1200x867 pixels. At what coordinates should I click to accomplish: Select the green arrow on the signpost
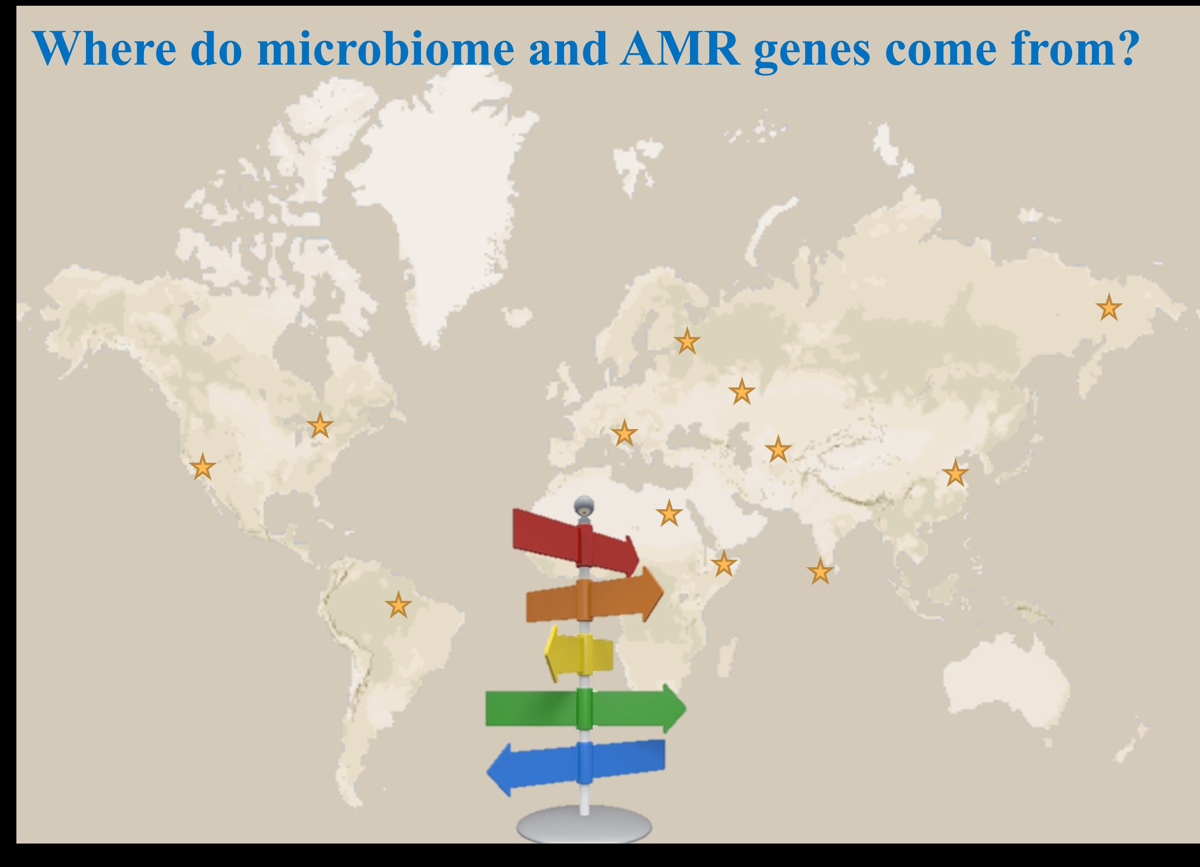pos(586,708)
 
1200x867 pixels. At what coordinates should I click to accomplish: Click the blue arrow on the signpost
pos(576,766)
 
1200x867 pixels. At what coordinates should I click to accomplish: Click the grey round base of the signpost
pos(584,824)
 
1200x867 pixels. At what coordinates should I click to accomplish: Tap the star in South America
pos(398,605)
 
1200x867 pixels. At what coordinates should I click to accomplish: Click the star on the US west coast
pos(203,467)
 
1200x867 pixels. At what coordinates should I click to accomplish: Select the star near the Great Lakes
pos(320,425)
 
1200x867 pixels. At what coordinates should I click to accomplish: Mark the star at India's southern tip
pos(820,571)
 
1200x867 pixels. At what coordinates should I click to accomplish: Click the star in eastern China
pos(955,473)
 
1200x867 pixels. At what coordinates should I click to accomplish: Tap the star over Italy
pos(624,433)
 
